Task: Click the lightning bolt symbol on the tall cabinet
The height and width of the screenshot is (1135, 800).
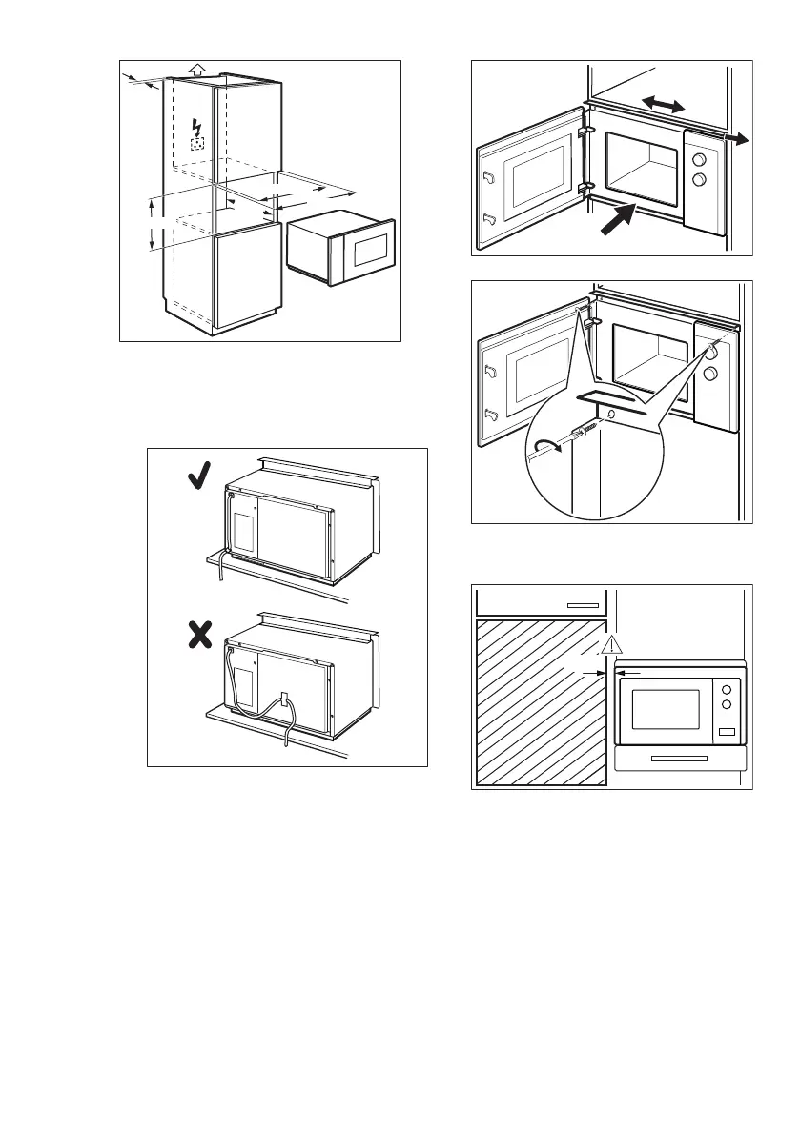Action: coord(197,128)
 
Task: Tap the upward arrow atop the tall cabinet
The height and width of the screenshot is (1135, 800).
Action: coord(196,69)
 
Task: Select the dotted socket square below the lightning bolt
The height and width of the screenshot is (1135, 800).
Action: coord(197,144)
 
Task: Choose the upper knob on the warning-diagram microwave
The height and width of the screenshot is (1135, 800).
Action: coord(727,688)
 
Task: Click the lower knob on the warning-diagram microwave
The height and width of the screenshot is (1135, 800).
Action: coord(727,705)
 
